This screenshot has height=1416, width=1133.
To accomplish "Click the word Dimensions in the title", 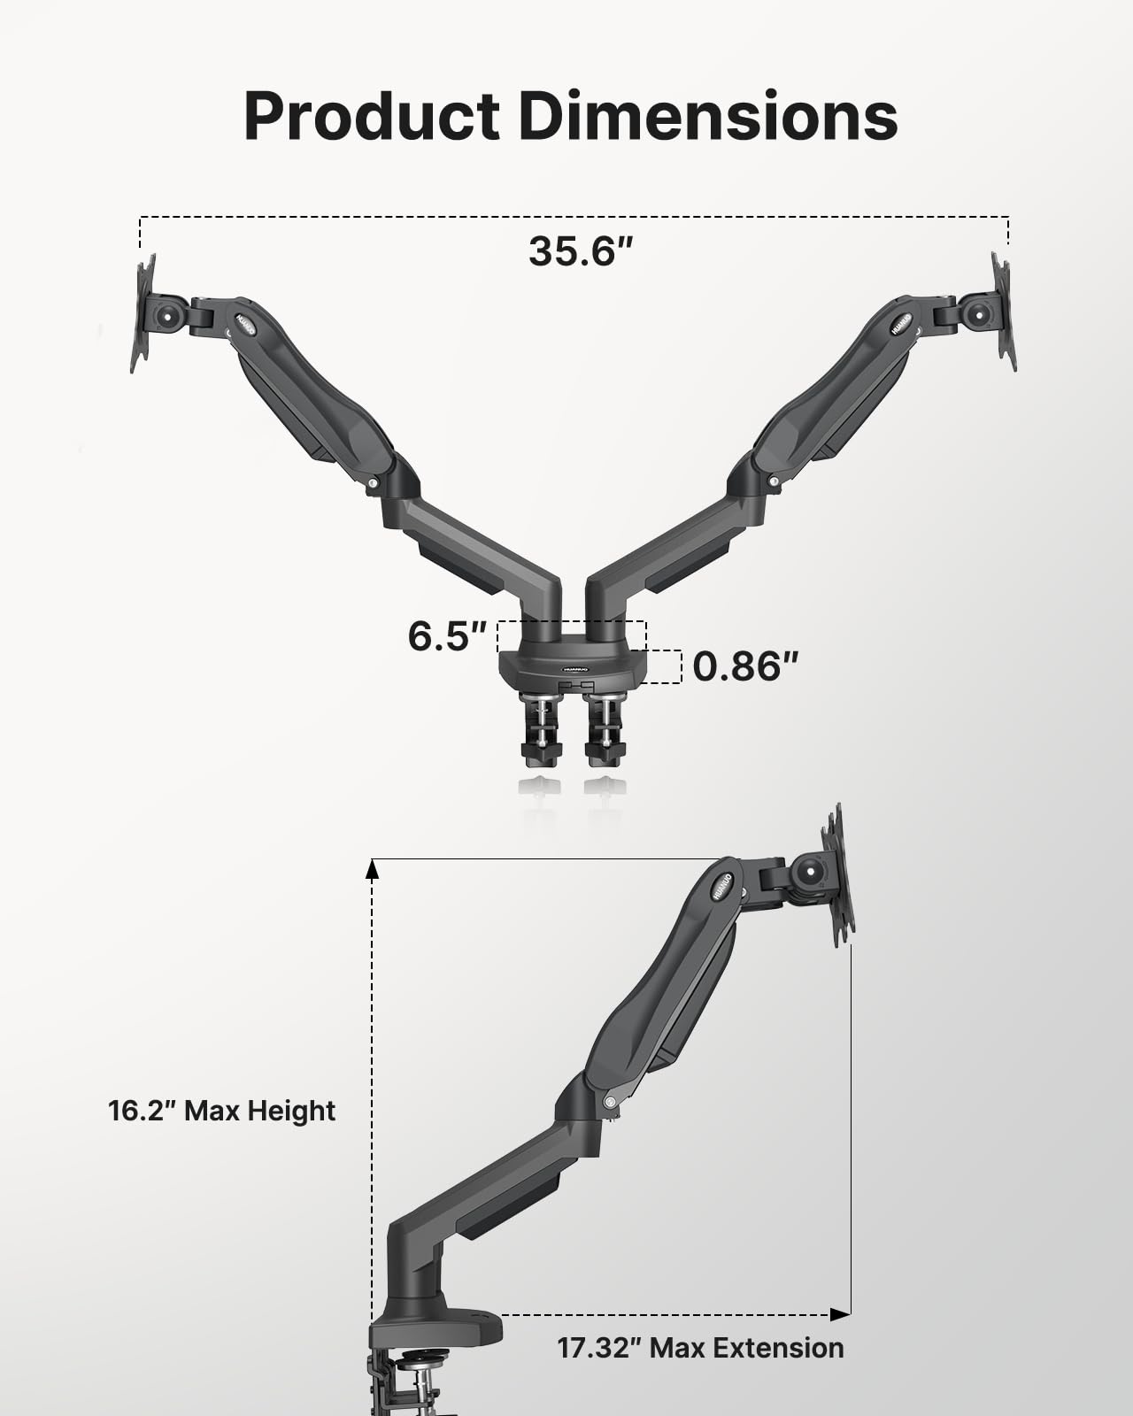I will click(708, 117).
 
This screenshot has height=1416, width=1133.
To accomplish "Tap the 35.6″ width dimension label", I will click(582, 251).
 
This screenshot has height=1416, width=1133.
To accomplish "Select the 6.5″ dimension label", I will click(448, 636).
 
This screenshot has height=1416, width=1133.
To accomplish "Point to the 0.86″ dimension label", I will click(745, 666).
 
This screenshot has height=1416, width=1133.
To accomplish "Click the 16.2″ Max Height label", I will click(221, 1110).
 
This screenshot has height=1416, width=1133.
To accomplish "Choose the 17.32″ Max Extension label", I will click(700, 1348).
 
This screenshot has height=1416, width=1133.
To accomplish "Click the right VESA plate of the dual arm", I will click(1002, 312).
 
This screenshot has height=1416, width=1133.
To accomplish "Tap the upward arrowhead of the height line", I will click(373, 869).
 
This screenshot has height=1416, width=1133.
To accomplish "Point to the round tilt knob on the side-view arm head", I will click(811, 873).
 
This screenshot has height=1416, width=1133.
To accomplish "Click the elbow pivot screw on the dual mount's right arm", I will click(775, 481).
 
